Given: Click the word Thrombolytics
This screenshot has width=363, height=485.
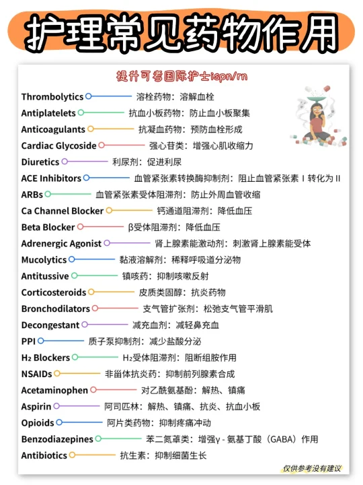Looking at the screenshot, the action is coord(52,97).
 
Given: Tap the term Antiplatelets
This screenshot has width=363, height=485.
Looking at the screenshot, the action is coord(49,113).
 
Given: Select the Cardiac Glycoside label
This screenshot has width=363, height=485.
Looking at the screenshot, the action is coord(58,145).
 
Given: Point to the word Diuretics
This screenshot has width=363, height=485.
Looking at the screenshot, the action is coord(40,162).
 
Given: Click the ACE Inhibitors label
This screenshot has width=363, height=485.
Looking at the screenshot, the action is coord(51,179).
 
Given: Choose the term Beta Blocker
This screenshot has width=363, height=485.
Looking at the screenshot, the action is coord(48,227).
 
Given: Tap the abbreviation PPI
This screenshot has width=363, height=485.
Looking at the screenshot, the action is coord(28,341).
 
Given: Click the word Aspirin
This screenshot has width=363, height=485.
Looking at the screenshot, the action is coord(36,406).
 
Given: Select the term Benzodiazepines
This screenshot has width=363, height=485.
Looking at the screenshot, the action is coord(57,439).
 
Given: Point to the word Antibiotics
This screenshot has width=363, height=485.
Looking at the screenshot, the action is coord(44,455).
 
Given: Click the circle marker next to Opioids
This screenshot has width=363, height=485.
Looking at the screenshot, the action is coord(59,422).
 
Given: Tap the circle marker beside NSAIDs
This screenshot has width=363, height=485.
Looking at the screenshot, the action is coord(57,373).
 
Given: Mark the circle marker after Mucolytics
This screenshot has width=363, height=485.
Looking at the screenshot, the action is coord(72,259).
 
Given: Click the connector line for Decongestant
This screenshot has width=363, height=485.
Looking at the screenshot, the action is coord(107,325).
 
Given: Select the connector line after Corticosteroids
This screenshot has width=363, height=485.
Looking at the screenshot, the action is coord(114,292).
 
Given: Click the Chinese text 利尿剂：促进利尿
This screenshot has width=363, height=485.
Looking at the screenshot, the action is coord(147,162).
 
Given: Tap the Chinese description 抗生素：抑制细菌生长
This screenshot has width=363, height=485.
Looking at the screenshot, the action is coord(163,455).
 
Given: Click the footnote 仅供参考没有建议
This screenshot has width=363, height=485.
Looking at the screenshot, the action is coord(312,469).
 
